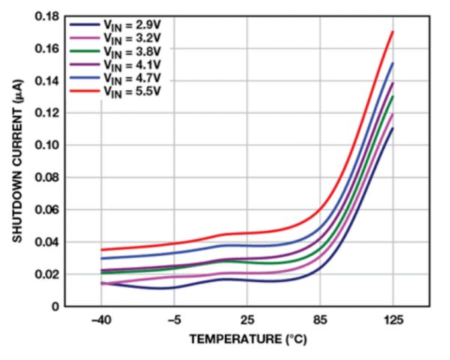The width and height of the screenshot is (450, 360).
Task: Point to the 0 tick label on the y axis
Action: [x=54, y=306]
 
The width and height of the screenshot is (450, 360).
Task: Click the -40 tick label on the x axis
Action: [x=100, y=321]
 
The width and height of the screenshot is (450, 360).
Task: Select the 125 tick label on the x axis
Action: [x=393, y=321]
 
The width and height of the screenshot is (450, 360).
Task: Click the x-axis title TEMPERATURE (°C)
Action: [x=247, y=340]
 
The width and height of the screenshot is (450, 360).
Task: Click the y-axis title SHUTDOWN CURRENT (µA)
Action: [x=16, y=161]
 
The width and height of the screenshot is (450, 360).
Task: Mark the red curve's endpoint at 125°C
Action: [x=393, y=31]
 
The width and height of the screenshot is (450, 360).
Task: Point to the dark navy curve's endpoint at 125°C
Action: [x=393, y=128]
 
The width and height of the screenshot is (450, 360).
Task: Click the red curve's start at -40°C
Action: [x=101, y=250]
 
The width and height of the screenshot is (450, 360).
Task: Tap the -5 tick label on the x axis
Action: [x=174, y=321]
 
